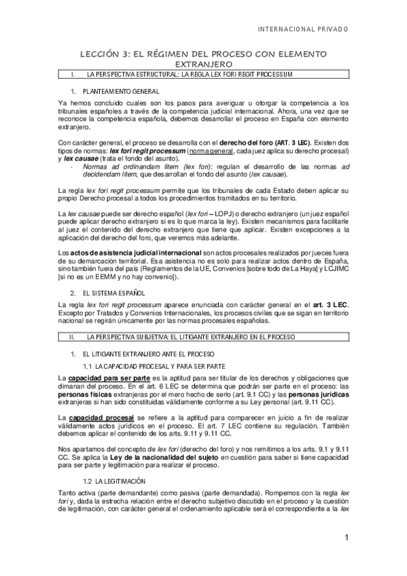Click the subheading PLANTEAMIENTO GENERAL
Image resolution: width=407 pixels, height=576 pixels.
pos(121,90)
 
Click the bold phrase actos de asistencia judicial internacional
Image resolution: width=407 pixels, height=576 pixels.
pos(128,251)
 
